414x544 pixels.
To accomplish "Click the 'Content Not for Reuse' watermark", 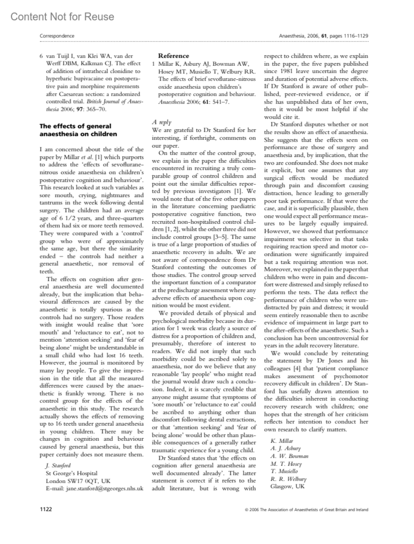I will [x=62, y=17].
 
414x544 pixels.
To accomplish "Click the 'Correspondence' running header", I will [x=57, y=36].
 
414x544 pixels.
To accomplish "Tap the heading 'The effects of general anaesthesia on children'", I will [x=78, y=130].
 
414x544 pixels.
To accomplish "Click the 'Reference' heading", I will [x=174, y=56].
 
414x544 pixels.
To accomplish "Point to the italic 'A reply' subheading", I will [x=162, y=122].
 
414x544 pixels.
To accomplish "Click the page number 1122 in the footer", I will [x=46, y=509].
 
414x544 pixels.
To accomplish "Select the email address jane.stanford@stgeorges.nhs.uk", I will [x=105, y=488].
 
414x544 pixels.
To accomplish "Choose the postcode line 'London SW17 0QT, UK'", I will [x=78, y=481].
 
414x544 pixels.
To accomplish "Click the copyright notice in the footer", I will [x=306, y=510].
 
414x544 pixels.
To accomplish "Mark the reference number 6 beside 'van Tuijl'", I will [x=41, y=56].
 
